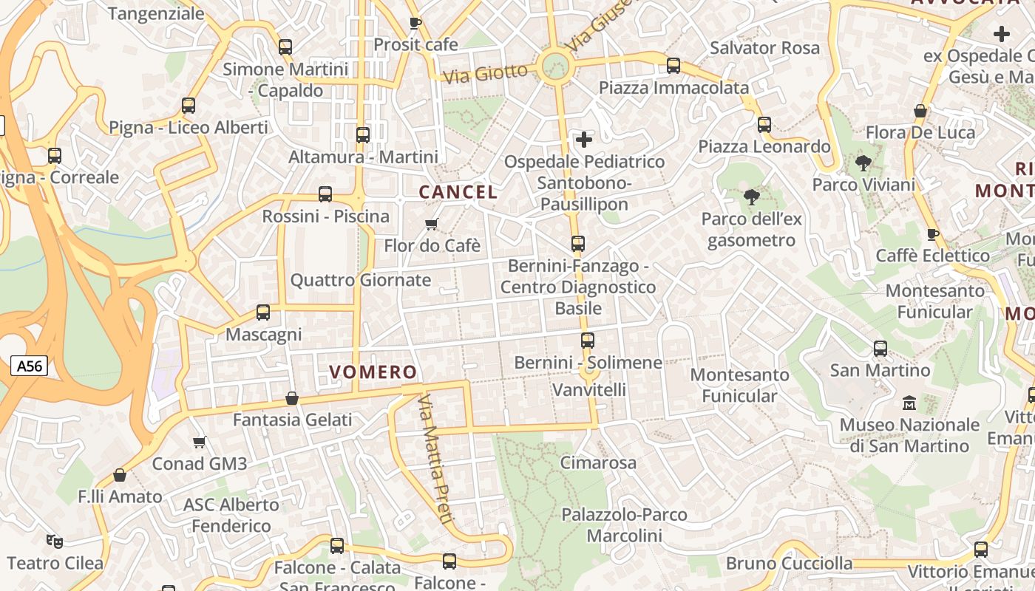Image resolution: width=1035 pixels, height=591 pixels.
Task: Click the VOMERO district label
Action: coord(373,372)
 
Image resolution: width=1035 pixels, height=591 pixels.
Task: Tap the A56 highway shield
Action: coord(30,365)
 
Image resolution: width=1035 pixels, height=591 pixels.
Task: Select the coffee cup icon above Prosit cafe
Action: coord(415,23)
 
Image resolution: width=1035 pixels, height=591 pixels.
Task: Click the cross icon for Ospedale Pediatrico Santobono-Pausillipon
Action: coord(584,139)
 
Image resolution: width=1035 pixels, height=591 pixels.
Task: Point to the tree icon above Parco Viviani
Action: coord(862,163)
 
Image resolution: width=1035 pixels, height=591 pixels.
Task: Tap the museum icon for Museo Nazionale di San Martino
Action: coord(909,403)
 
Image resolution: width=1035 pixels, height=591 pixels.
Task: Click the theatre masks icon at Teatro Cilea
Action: coord(54,542)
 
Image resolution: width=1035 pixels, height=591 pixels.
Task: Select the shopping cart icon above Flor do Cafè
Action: coord(432,224)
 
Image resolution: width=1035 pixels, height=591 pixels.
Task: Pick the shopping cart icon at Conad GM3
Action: coord(199,443)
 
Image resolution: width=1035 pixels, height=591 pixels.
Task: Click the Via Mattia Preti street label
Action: coord(435,459)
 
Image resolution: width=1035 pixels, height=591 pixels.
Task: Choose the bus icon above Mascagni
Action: coord(263,312)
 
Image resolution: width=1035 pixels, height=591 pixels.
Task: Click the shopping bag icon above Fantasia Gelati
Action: coord(292,399)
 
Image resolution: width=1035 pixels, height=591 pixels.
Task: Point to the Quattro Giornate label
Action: coord(360,280)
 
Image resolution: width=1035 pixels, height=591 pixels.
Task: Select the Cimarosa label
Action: coord(598,463)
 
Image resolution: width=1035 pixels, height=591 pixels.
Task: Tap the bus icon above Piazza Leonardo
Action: coord(764,125)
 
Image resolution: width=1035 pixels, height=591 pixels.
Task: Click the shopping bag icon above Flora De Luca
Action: coord(920,112)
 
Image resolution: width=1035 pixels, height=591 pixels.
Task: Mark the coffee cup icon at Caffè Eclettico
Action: coord(933,234)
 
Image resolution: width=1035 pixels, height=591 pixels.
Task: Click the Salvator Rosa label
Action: coord(764,48)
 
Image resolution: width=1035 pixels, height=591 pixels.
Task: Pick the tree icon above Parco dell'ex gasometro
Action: coord(751,197)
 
